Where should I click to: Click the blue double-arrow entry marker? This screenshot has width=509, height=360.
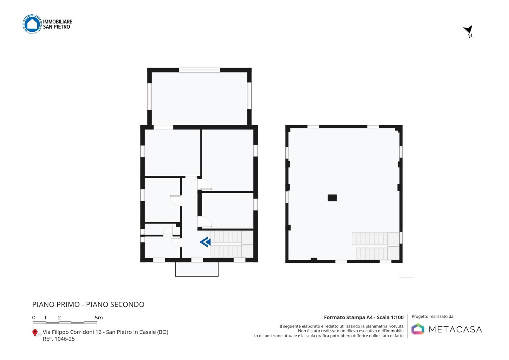coord(205,242)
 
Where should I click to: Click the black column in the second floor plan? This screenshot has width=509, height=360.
coord(332,198)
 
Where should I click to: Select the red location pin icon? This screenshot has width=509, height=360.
coord(35,333)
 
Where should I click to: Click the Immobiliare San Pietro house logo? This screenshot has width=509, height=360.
coord(32,24)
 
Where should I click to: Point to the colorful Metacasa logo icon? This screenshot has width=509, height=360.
coord(418,329)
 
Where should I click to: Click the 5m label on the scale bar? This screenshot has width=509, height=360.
coord(99,318)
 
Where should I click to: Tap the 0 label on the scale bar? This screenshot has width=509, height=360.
coord(34,318)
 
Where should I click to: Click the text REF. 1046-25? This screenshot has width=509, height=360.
coord(59,339)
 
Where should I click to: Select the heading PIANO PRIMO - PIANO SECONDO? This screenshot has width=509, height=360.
coord(88,304)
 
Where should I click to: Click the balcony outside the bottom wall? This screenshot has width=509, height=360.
coord(197,269)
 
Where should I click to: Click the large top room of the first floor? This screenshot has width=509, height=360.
coord(199,98)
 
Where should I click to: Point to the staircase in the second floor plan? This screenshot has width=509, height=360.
coord(376,246)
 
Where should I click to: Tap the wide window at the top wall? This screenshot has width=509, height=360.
coord(199,70)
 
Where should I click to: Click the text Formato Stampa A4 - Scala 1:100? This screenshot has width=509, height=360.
coord(364,317)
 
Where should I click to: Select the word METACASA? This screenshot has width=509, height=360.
coord(455,329)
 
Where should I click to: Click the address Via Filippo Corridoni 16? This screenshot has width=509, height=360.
coord(72,332)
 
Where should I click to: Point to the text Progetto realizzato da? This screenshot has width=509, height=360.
coord(433,317)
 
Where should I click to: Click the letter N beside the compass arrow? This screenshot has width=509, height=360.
coord(470,36)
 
